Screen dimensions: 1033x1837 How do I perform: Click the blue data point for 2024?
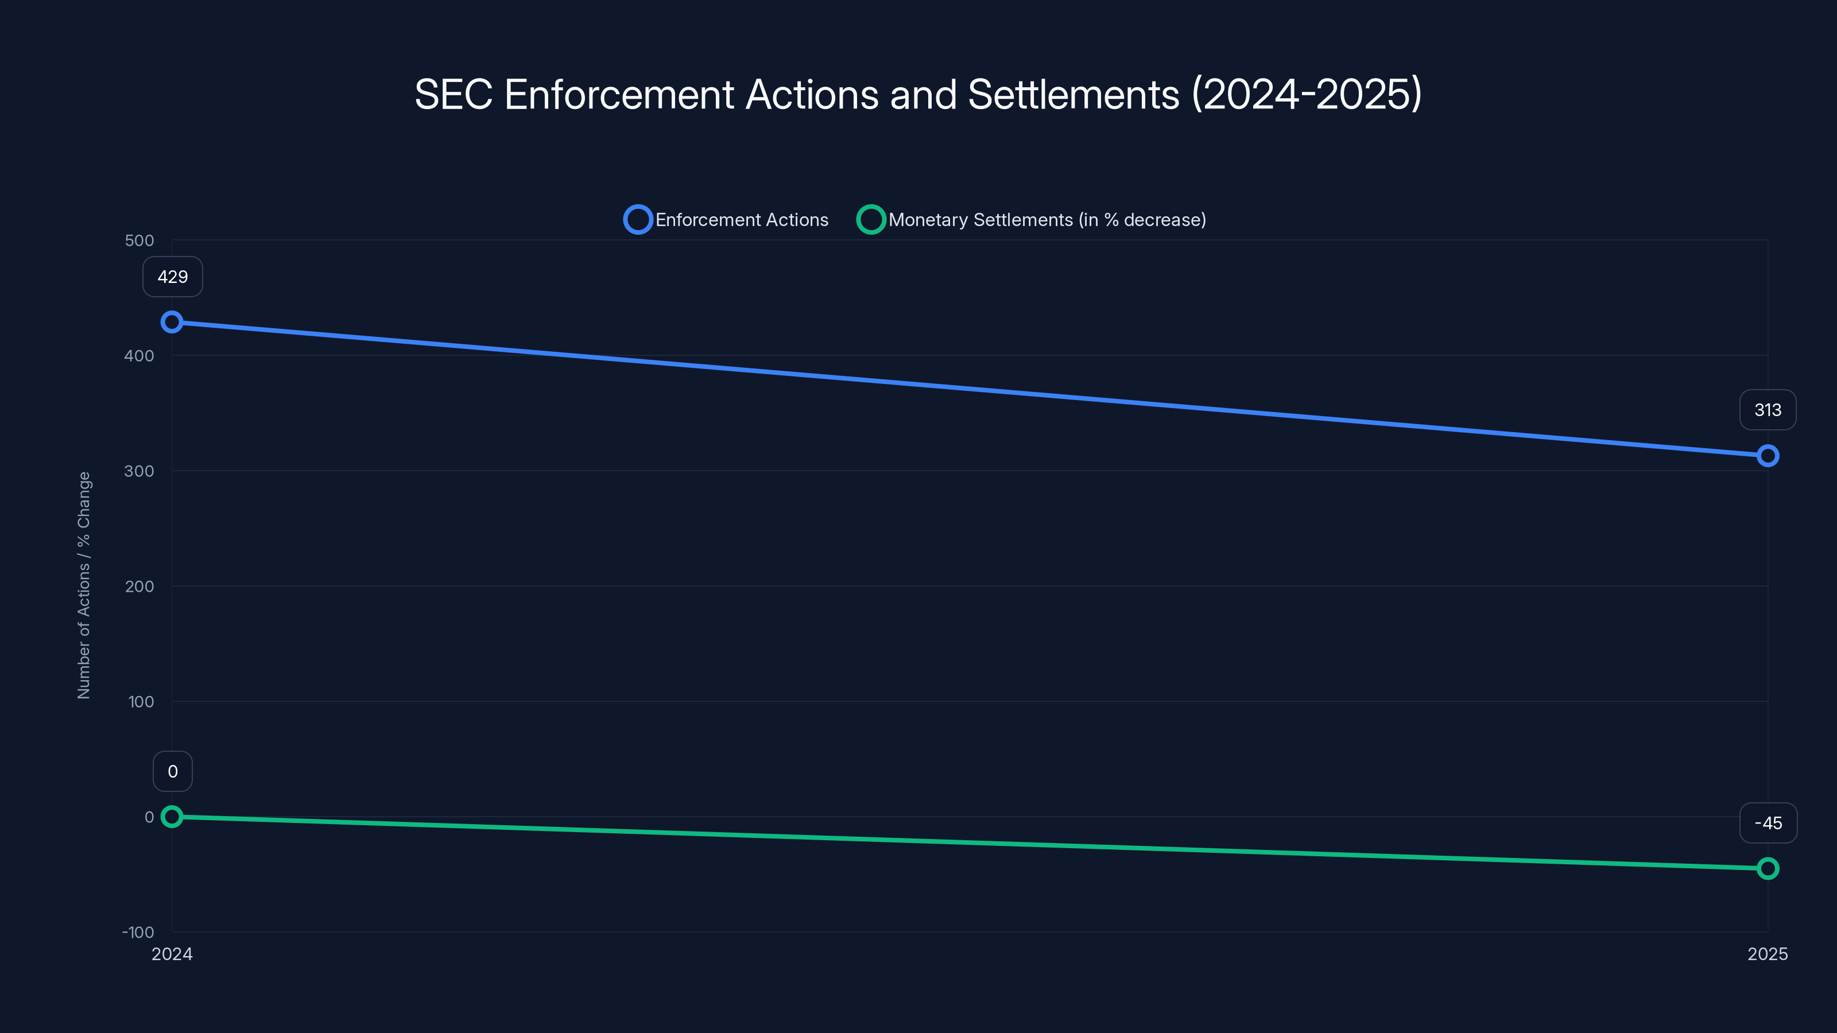pos(172,322)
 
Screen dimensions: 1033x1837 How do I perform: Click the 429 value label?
pos(173,277)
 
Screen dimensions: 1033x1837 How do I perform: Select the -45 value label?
pos(1768,824)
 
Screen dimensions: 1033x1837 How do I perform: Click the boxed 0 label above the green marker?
pos(173,771)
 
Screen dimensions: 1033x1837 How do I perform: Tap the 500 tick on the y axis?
pos(139,241)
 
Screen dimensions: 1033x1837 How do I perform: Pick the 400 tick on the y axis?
pos(139,356)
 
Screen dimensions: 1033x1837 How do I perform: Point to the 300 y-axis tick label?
pos(139,471)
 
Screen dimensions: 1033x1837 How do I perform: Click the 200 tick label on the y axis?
pos(139,587)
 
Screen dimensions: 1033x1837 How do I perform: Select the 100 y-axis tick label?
pos(141,702)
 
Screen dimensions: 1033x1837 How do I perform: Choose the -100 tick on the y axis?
pos(138,933)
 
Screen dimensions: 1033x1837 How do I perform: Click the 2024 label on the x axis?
pos(172,954)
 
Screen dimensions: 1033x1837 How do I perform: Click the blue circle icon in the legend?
pos(638,220)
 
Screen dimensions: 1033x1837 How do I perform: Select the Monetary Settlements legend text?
pos(1047,220)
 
